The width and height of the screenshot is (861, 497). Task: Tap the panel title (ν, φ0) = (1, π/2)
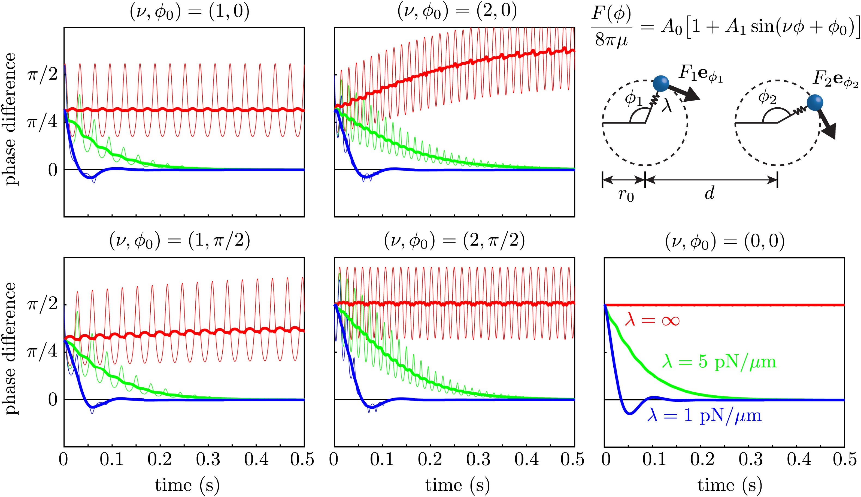coord(180,241)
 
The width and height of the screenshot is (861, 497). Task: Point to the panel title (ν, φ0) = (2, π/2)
coord(454,241)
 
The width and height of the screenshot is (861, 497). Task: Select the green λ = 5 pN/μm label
coord(719,362)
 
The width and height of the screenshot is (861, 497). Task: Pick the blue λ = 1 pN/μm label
coord(704,416)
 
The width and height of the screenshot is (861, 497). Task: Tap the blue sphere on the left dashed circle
coord(661,83)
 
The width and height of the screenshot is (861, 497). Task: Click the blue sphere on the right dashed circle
coord(815,102)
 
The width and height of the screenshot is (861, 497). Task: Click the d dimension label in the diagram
coord(710,193)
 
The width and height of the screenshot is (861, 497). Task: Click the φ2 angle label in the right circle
coord(767,98)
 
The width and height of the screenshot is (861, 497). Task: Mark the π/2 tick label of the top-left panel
coord(43,74)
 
